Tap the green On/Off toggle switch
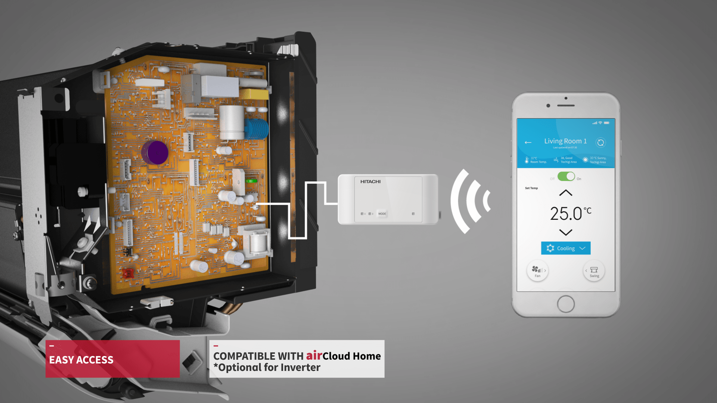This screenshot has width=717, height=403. tap(566, 176)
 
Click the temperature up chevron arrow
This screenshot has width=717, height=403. tap(566, 193)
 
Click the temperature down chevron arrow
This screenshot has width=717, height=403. tap(566, 232)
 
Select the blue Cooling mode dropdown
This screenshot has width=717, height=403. tap(566, 248)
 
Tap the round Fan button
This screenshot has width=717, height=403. tap(537, 271)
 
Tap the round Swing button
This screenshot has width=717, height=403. tap(594, 271)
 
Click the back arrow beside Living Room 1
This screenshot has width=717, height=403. tap(528, 143)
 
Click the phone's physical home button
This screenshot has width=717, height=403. tap(566, 304)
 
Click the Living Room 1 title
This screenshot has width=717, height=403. tap(565, 141)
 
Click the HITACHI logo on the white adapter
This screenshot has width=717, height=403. tap(370, 182)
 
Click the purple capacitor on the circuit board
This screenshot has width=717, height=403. tap(155, 152)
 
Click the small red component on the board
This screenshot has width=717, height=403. tap(128, 274)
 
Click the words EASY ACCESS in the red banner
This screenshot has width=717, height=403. tap(81, 360)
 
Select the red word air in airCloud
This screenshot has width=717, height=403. tap(314, 356)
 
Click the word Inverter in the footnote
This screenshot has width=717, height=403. tap(300, 368)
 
